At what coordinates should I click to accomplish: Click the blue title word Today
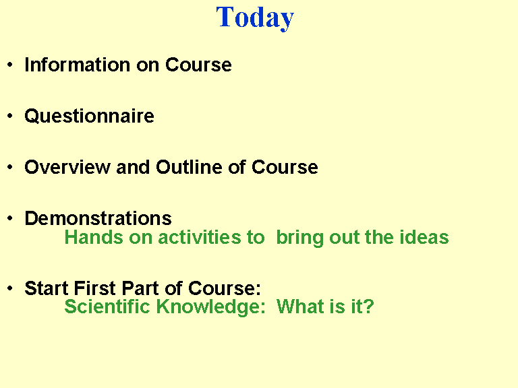(255, 18)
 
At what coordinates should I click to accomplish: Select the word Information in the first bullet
(78, 65)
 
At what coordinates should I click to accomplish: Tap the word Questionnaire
(90, 117)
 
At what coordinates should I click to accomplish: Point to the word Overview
(67, 167)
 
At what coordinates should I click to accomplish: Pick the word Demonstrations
(98, 218)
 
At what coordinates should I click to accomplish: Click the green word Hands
(94, 237)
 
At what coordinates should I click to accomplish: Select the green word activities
(200, 237)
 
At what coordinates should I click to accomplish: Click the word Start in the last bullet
(47, 288)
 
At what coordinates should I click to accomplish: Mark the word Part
(141, 288)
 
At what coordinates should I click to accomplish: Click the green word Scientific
(107, 306)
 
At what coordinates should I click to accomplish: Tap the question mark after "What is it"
(369, 306)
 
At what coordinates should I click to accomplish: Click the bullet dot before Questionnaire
(10, 116)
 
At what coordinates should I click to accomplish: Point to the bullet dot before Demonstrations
(10, 218)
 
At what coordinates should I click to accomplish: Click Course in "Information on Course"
(198, 65)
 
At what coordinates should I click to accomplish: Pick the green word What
(299, 306)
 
